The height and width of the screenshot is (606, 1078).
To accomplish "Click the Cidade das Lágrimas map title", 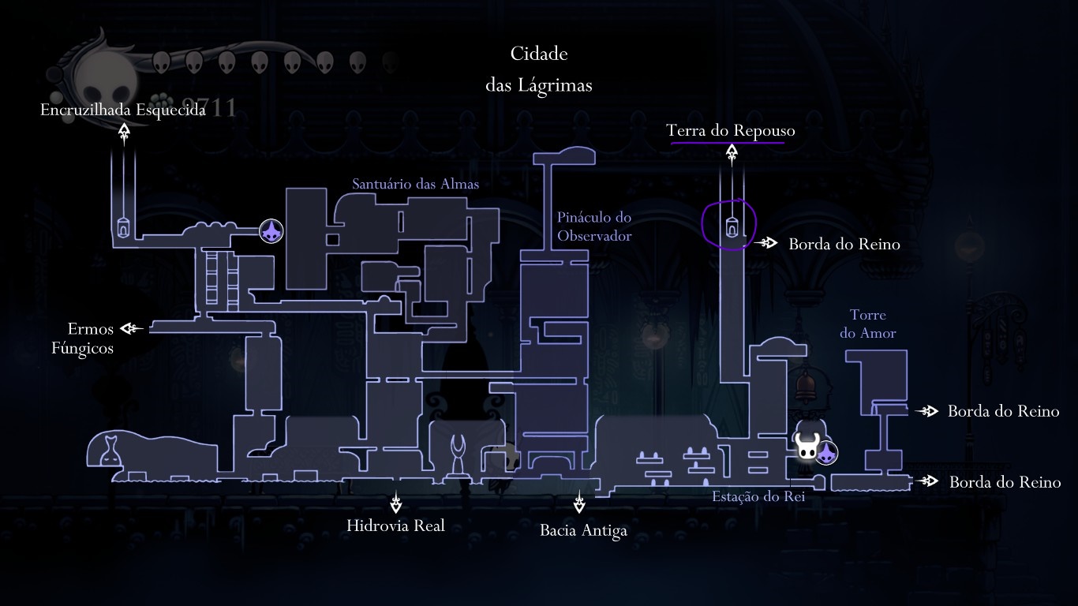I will [539, 69].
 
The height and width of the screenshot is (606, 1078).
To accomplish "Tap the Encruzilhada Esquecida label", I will [123, 110].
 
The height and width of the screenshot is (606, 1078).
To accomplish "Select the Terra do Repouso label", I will [731, 130].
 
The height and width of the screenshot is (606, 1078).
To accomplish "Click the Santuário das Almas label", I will [415, 184].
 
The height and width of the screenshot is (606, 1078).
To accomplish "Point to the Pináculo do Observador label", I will [594, 226].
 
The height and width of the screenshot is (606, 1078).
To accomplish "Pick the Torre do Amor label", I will [868, 324].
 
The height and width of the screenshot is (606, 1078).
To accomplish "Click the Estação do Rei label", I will [758, 496].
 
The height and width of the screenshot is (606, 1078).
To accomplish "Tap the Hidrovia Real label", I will [395, 526].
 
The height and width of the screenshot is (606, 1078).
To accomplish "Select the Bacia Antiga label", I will [583, 530].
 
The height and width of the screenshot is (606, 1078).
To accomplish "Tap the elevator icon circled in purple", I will [732, 227].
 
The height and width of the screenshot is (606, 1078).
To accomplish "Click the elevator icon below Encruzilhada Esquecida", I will [124, 227].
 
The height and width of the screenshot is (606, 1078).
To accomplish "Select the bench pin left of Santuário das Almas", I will [271, 231].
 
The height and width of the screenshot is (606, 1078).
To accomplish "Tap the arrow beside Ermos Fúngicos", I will [132, 328].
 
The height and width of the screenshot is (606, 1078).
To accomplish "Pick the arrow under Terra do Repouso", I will [732, 154].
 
